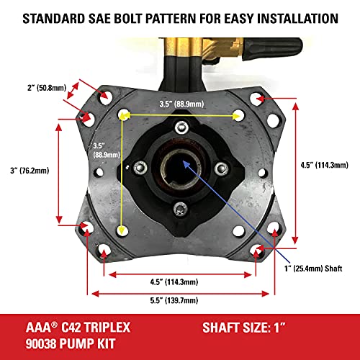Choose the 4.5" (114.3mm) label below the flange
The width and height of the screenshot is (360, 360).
[180, 282]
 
